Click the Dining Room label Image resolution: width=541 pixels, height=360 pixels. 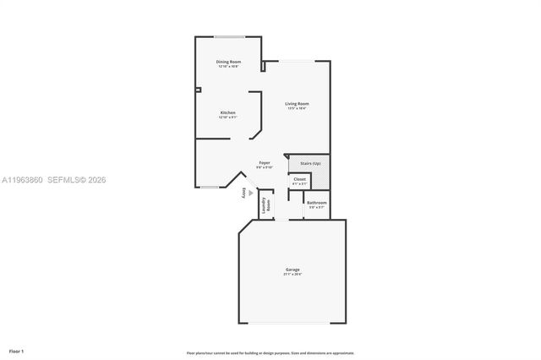(228, 62)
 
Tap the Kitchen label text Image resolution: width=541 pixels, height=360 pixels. (228, 112)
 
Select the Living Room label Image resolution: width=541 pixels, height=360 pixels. (297, 104)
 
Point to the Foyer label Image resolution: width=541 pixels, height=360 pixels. (265, 162)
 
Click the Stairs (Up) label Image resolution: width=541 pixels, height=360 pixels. (310, 163)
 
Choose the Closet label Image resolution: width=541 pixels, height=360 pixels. (299, 179)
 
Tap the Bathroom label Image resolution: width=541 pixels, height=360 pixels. (317, 202)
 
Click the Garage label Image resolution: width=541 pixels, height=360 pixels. (292, 270)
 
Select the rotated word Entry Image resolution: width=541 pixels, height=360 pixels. (243, 194)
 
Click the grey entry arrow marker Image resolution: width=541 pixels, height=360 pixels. (249, 192)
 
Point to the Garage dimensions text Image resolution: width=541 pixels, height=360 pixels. (292, 275)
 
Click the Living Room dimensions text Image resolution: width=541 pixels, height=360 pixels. (297, 109)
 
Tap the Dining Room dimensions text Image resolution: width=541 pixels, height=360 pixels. (228, 67)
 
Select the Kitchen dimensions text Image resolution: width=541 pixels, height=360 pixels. (228, 117)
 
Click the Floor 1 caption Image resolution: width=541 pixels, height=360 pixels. (16, 350)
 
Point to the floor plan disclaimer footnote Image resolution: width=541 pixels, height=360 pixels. (270, 352)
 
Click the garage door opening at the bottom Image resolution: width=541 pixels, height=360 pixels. (292, 322)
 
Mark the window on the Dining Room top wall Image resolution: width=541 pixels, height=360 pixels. (228, 36)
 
